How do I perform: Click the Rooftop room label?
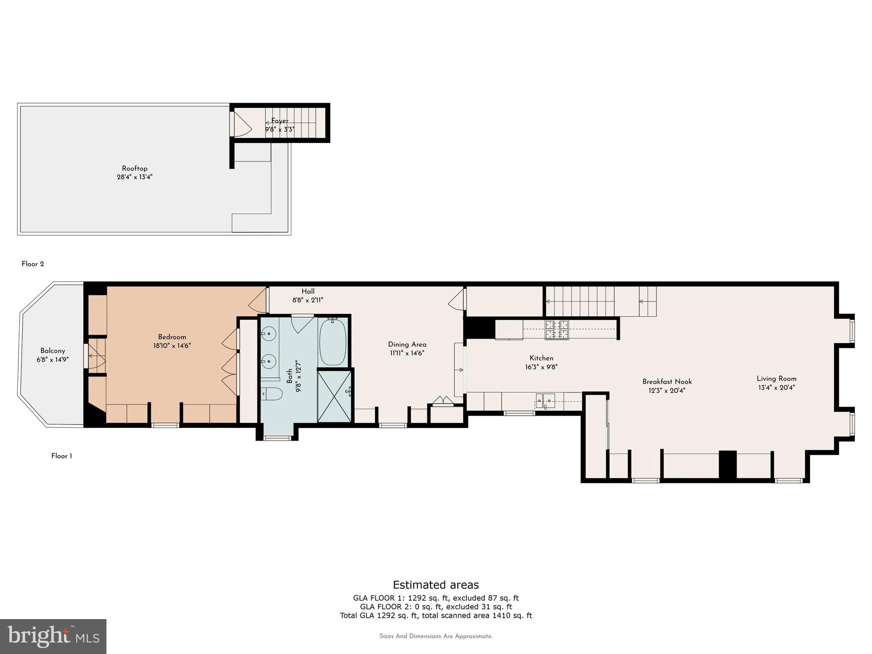[135, 169]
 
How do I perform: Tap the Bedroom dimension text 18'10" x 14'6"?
[172, 346]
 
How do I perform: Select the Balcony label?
[53, 351]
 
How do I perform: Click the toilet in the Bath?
[271, 394]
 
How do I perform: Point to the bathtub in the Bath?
[333, 342]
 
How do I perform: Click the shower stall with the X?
[335, 396]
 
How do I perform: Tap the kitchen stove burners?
[557, 330]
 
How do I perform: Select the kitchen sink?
[545, 400]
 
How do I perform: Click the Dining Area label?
[407, 344]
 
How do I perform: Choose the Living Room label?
[777, 379]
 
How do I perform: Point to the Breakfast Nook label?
[667, 382]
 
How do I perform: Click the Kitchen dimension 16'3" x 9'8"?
[541, 367]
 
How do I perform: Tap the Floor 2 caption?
[33, 264]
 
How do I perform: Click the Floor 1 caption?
[62, 456]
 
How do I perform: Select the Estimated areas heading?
[436, 585]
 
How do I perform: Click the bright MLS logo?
[53, 637]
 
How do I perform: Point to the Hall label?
[308, 291]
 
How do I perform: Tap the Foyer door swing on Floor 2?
[243, 124]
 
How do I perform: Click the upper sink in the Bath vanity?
[269, 333]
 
